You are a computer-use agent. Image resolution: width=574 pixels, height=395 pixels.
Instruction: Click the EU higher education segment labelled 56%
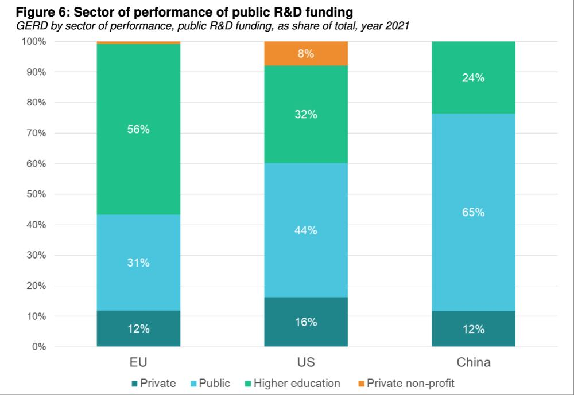point(138,129)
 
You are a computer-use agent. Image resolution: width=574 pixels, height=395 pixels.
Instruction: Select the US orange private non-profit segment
point(306,53)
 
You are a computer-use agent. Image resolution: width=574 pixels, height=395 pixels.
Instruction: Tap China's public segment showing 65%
point(474,212)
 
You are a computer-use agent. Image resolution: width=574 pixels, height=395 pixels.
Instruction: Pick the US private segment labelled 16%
point(306,322)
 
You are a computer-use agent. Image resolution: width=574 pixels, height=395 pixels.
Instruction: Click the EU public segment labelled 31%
point(138,263)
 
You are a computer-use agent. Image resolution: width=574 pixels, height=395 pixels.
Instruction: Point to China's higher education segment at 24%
point(474,78)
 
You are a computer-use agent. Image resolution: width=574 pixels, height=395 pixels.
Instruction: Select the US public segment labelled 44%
point(306,230)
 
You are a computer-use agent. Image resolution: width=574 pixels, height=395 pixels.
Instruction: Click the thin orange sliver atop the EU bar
point(138,42)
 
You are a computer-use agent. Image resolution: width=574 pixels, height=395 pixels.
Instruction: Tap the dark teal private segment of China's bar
point(474,329)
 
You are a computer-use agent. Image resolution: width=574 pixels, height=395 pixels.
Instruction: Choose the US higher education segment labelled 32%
point(306,114)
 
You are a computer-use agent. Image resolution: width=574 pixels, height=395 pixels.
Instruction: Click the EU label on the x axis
point(138,362)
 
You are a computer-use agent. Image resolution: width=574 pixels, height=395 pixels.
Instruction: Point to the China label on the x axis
point(474,362)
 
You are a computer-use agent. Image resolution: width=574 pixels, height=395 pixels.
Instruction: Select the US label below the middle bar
point(306,362)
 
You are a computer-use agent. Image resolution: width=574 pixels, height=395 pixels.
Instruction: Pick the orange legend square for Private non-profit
point(361,383)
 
